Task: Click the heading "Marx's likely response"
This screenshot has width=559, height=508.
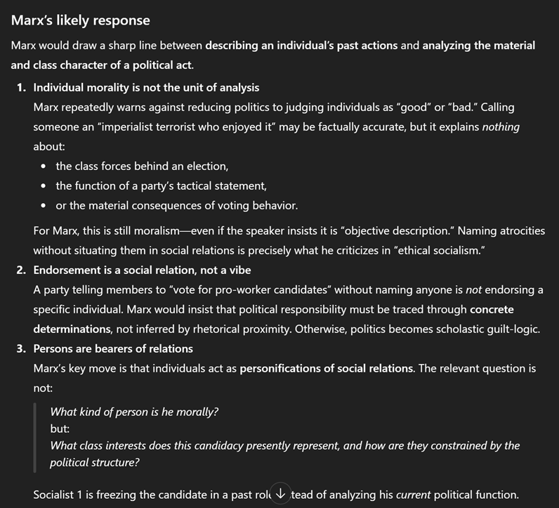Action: coord(80,21)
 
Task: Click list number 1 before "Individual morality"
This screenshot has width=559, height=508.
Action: coord(22,88)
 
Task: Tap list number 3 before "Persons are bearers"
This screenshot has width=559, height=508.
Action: coord(22,349)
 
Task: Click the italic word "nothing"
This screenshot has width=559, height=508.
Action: coord(501,127)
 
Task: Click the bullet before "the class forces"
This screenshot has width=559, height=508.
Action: coord(44,167)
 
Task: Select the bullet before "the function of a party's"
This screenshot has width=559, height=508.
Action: coord(44,186)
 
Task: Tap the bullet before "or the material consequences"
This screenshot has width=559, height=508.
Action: coord(44,206)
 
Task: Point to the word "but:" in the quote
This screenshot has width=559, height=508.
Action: coord(60,429)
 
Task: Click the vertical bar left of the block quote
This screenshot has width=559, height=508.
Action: coord(35,436)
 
